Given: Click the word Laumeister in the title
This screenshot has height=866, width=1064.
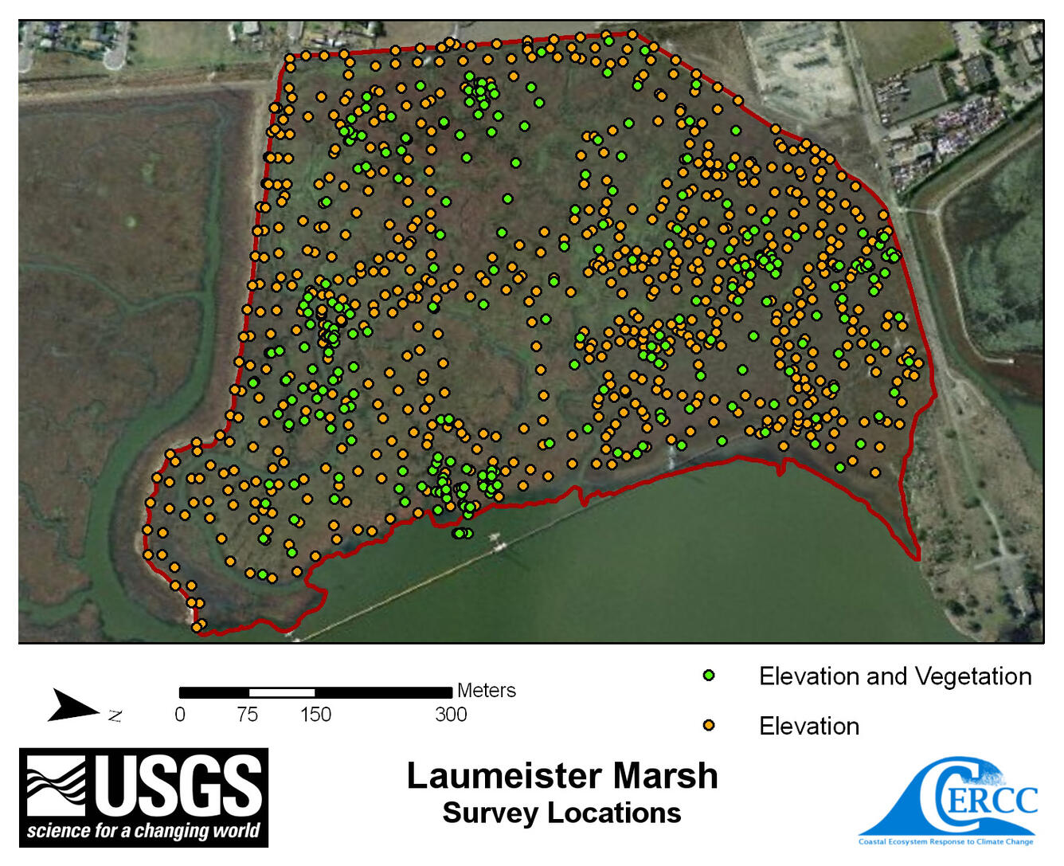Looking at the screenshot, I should [505, 776].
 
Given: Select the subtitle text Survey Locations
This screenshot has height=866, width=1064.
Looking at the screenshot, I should [561, 813].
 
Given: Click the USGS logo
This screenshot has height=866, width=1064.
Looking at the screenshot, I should [143, 797].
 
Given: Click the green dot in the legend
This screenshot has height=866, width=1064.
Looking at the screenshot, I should [709, 676].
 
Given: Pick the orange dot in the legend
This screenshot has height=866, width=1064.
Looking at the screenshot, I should [709, 725].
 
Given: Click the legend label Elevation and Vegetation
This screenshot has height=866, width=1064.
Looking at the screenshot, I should [894, 676].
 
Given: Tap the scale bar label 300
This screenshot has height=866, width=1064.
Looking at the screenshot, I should [451, 715].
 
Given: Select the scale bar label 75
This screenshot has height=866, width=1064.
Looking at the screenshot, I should [247, 715].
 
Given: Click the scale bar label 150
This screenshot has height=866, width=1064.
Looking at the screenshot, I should [315, 715].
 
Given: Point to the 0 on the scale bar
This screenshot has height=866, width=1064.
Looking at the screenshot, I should [180, 715].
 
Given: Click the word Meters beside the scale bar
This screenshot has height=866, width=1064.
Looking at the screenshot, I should [486, 691].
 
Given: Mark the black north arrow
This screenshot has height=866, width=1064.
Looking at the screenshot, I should [73, 706].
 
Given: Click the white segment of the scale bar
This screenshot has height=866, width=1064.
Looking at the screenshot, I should [281, 692].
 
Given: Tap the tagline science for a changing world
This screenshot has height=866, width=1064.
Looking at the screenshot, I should [143, 831].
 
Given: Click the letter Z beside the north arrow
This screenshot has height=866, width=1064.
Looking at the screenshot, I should [115, 715].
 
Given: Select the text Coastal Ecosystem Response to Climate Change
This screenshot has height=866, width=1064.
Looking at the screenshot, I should [945, 841].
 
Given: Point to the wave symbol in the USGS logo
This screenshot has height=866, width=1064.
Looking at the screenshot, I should [56, 784].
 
